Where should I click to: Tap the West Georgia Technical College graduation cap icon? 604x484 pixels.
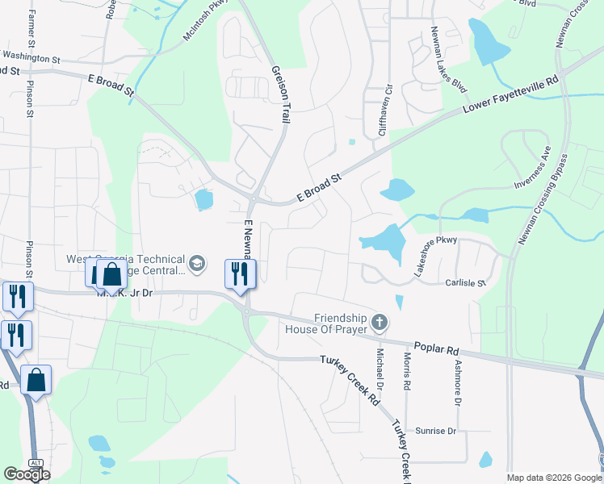tap(195, 264)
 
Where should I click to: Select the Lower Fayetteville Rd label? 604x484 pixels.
tap(510, 95)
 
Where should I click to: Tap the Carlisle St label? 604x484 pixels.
tap(464, 283)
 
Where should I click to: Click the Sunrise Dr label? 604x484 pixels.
tap(435, 432)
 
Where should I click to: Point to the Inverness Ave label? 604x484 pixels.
tap(535, 169)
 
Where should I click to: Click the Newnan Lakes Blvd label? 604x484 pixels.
tap(449, 59)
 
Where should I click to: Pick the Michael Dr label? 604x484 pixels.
tap(380, 366)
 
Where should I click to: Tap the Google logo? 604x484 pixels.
tap(26, 474)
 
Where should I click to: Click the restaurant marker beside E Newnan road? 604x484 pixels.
tap(240, 273)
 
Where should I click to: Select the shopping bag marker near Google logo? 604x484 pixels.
tap(36, 379)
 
